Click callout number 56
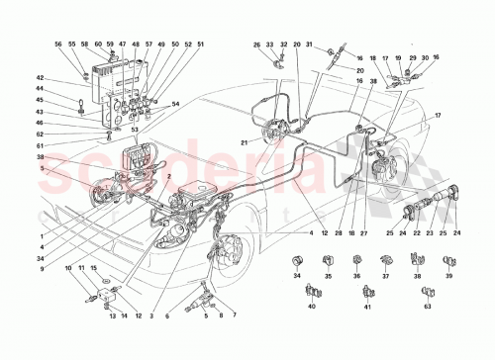58,45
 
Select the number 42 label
42,78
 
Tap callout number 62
42,133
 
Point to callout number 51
201,45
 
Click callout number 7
235,315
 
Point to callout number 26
255,45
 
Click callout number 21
243,143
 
